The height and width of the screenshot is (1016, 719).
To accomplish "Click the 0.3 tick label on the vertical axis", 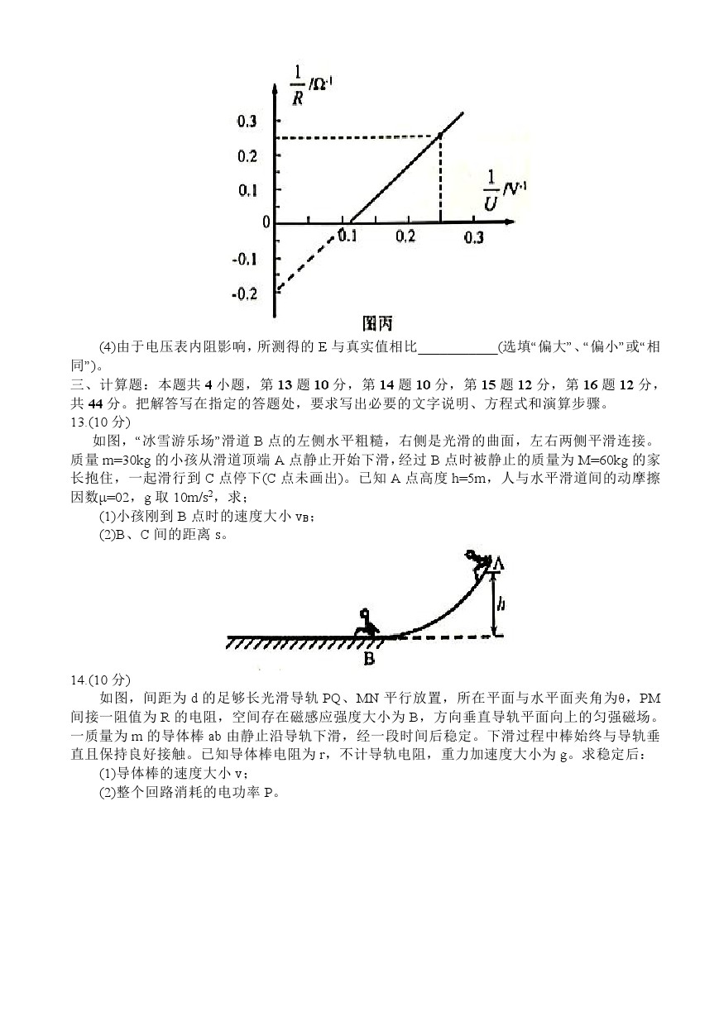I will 247,122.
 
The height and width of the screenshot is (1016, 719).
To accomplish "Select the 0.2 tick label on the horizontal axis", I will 405,237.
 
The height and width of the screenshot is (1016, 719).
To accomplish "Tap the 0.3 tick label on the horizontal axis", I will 473,237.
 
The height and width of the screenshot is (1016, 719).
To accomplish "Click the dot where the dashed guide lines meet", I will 439,136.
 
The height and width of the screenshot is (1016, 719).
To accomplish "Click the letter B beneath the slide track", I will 369,659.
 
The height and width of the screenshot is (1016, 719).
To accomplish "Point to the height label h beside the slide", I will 501,604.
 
